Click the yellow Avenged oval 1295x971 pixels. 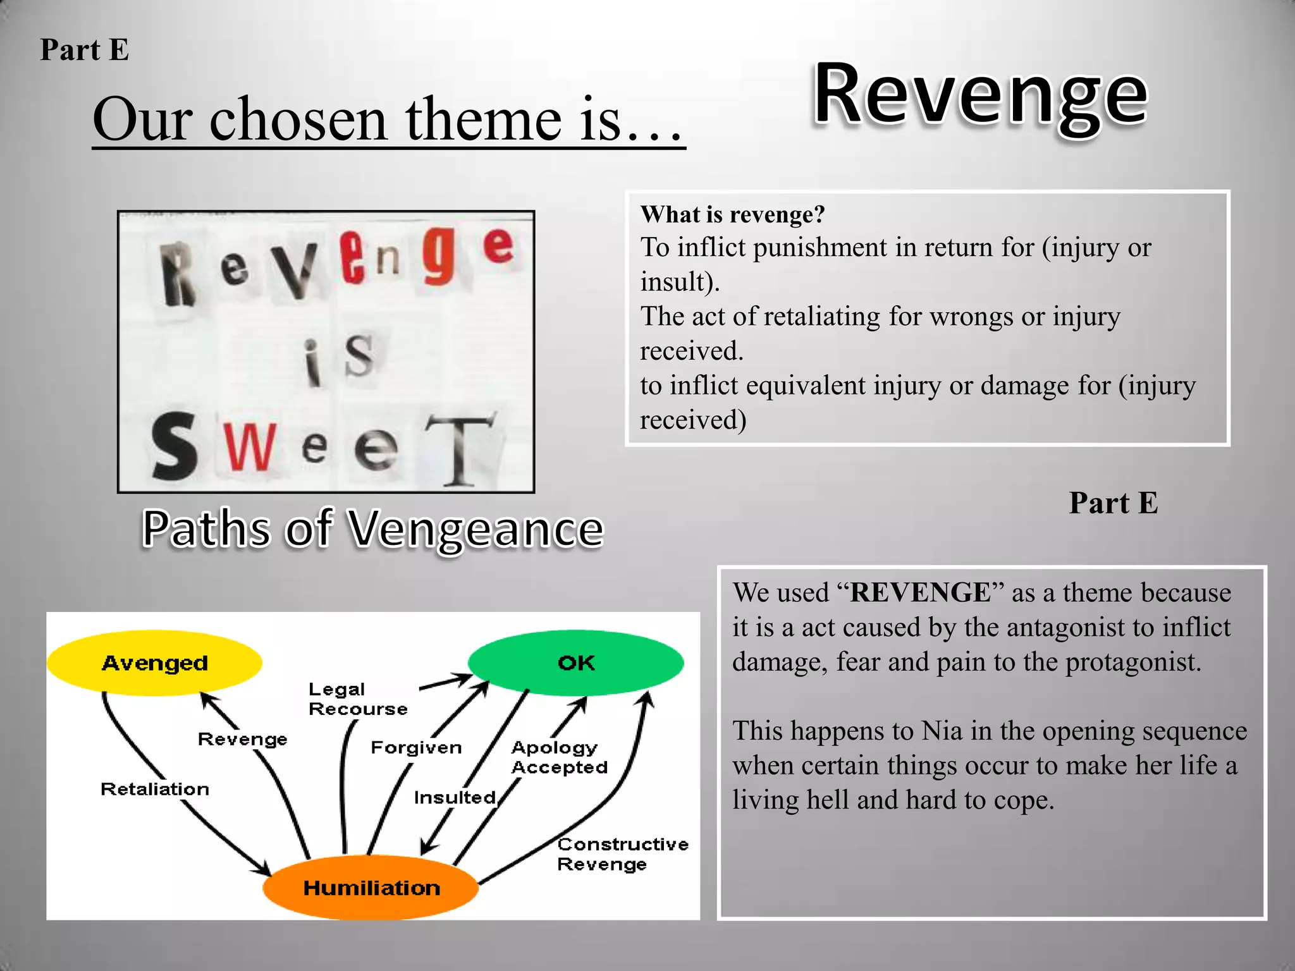(x=154, y=663)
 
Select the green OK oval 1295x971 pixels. (x=575, y=663)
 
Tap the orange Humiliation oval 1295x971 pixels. (x=371, y=888)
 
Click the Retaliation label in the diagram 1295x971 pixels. (x=155, y=789)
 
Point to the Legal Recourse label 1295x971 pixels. (x=357, y=699)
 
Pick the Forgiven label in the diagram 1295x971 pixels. (x=416, y=747)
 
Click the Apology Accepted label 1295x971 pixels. (x=559, y=757)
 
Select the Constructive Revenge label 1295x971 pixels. (x=622, y=854)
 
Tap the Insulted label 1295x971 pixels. (x=455, y=797)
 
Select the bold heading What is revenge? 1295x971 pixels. (x=733, y=214)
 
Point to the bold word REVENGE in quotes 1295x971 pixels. (x=921, y=593)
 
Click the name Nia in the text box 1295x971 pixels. (x=942, y=731)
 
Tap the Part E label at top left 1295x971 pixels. (x=84, y=49)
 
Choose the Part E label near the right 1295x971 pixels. (x=1113, y=503)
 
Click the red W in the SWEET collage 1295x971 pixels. (x=249, y=447)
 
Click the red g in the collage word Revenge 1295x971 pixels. (x=439, y=255)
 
